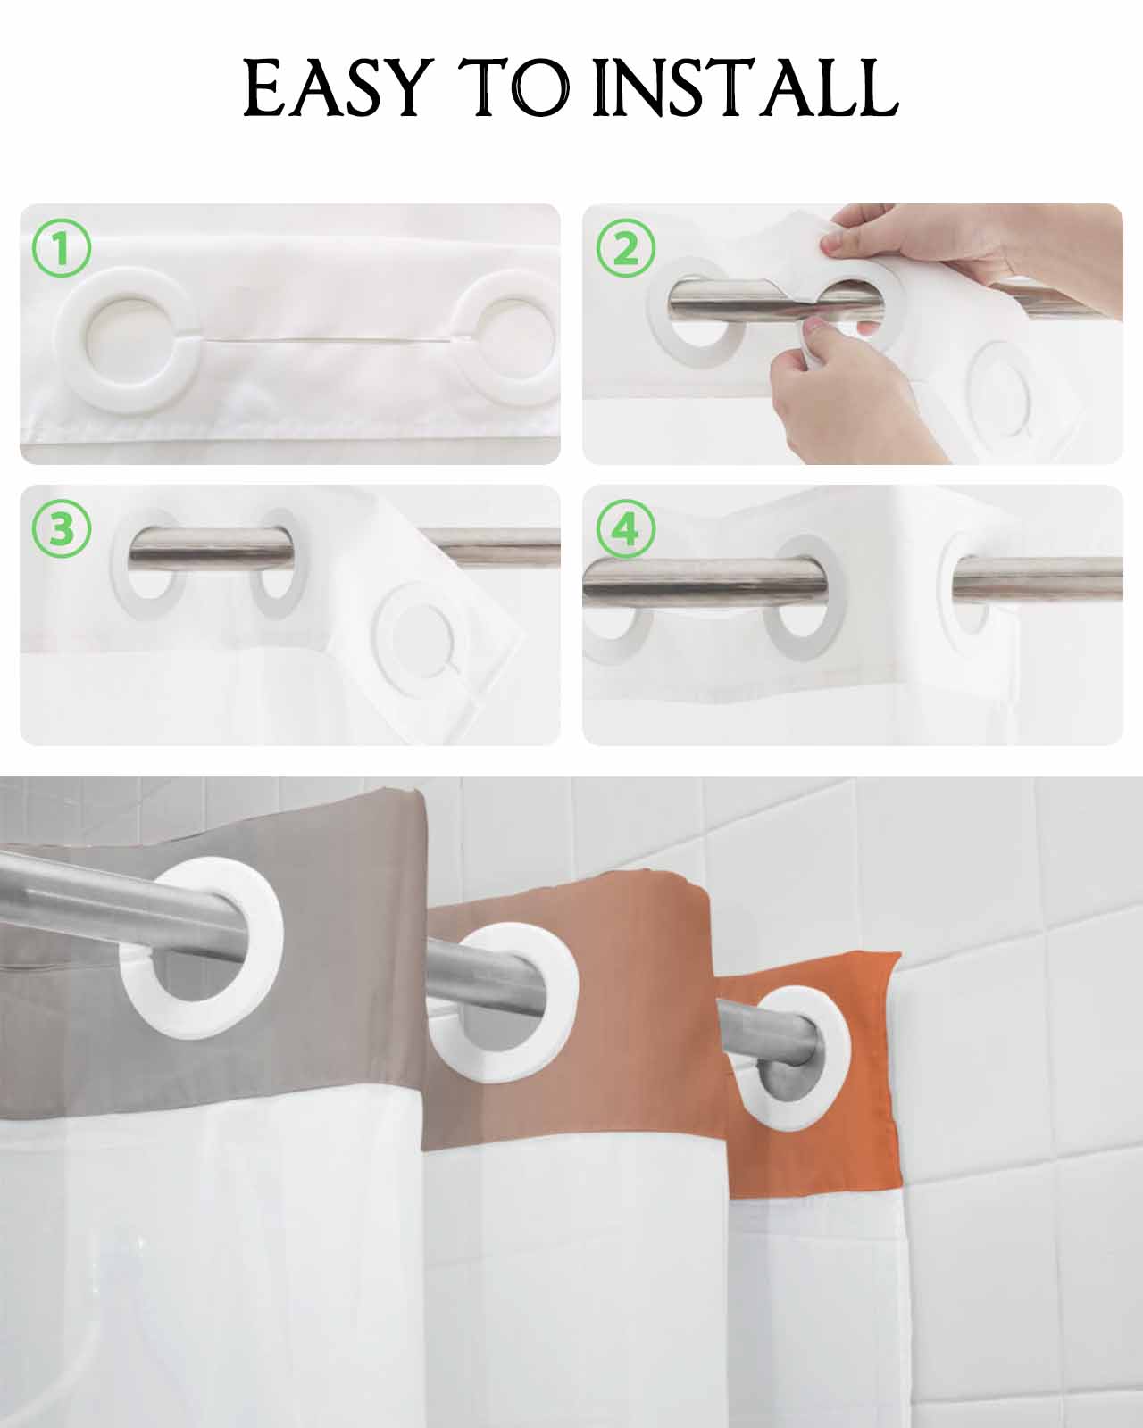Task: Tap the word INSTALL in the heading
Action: click(x=745, y=88)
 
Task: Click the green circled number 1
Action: click(x=61, y=248)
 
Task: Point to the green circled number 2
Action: click(x=626, y=248)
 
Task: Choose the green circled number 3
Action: click(x=61, y=529)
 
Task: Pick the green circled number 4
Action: click(x=626, y=529)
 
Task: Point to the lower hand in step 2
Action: click(x=856, y=392)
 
